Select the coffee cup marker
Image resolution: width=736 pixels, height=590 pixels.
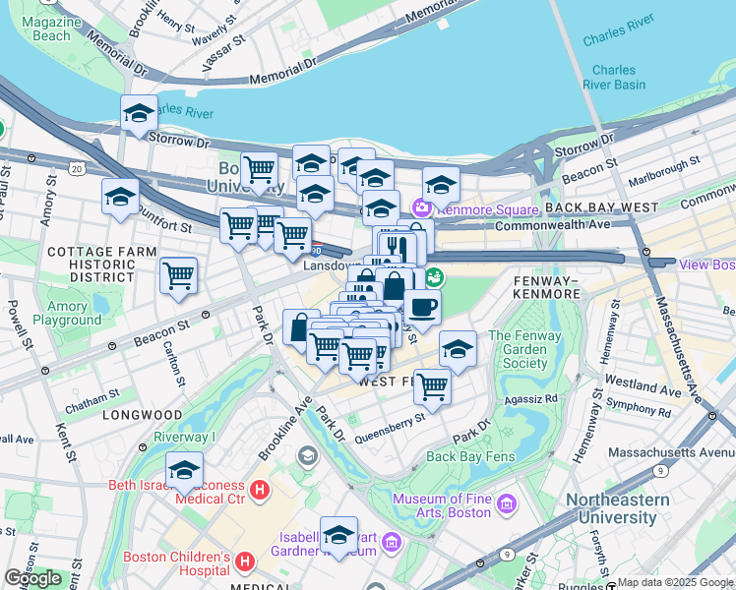coord(422,307)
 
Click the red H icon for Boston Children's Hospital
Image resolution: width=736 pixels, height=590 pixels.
coord(245,561)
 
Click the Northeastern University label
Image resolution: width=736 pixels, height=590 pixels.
coord(618,508)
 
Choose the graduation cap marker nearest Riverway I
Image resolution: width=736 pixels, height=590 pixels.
coord(184,471)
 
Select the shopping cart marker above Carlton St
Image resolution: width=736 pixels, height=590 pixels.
coord(178,276)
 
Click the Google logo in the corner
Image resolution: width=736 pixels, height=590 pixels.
coord(32,578)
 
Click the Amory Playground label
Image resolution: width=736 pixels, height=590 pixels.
coord(66,313)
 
